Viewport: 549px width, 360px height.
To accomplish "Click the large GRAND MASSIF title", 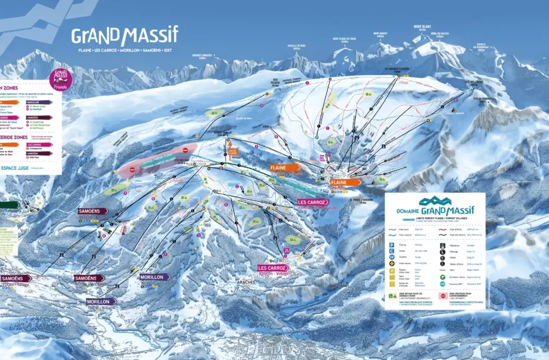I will pyautogui.click(x=125, y=35).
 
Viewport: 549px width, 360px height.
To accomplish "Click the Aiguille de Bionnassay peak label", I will pyautogui.click(x=481, y=45).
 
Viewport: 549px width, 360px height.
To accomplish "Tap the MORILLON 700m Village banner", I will pyautogui.click(x=101, y=302).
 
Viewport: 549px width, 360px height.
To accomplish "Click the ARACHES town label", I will pyautogui.click(x=247, y=282).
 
